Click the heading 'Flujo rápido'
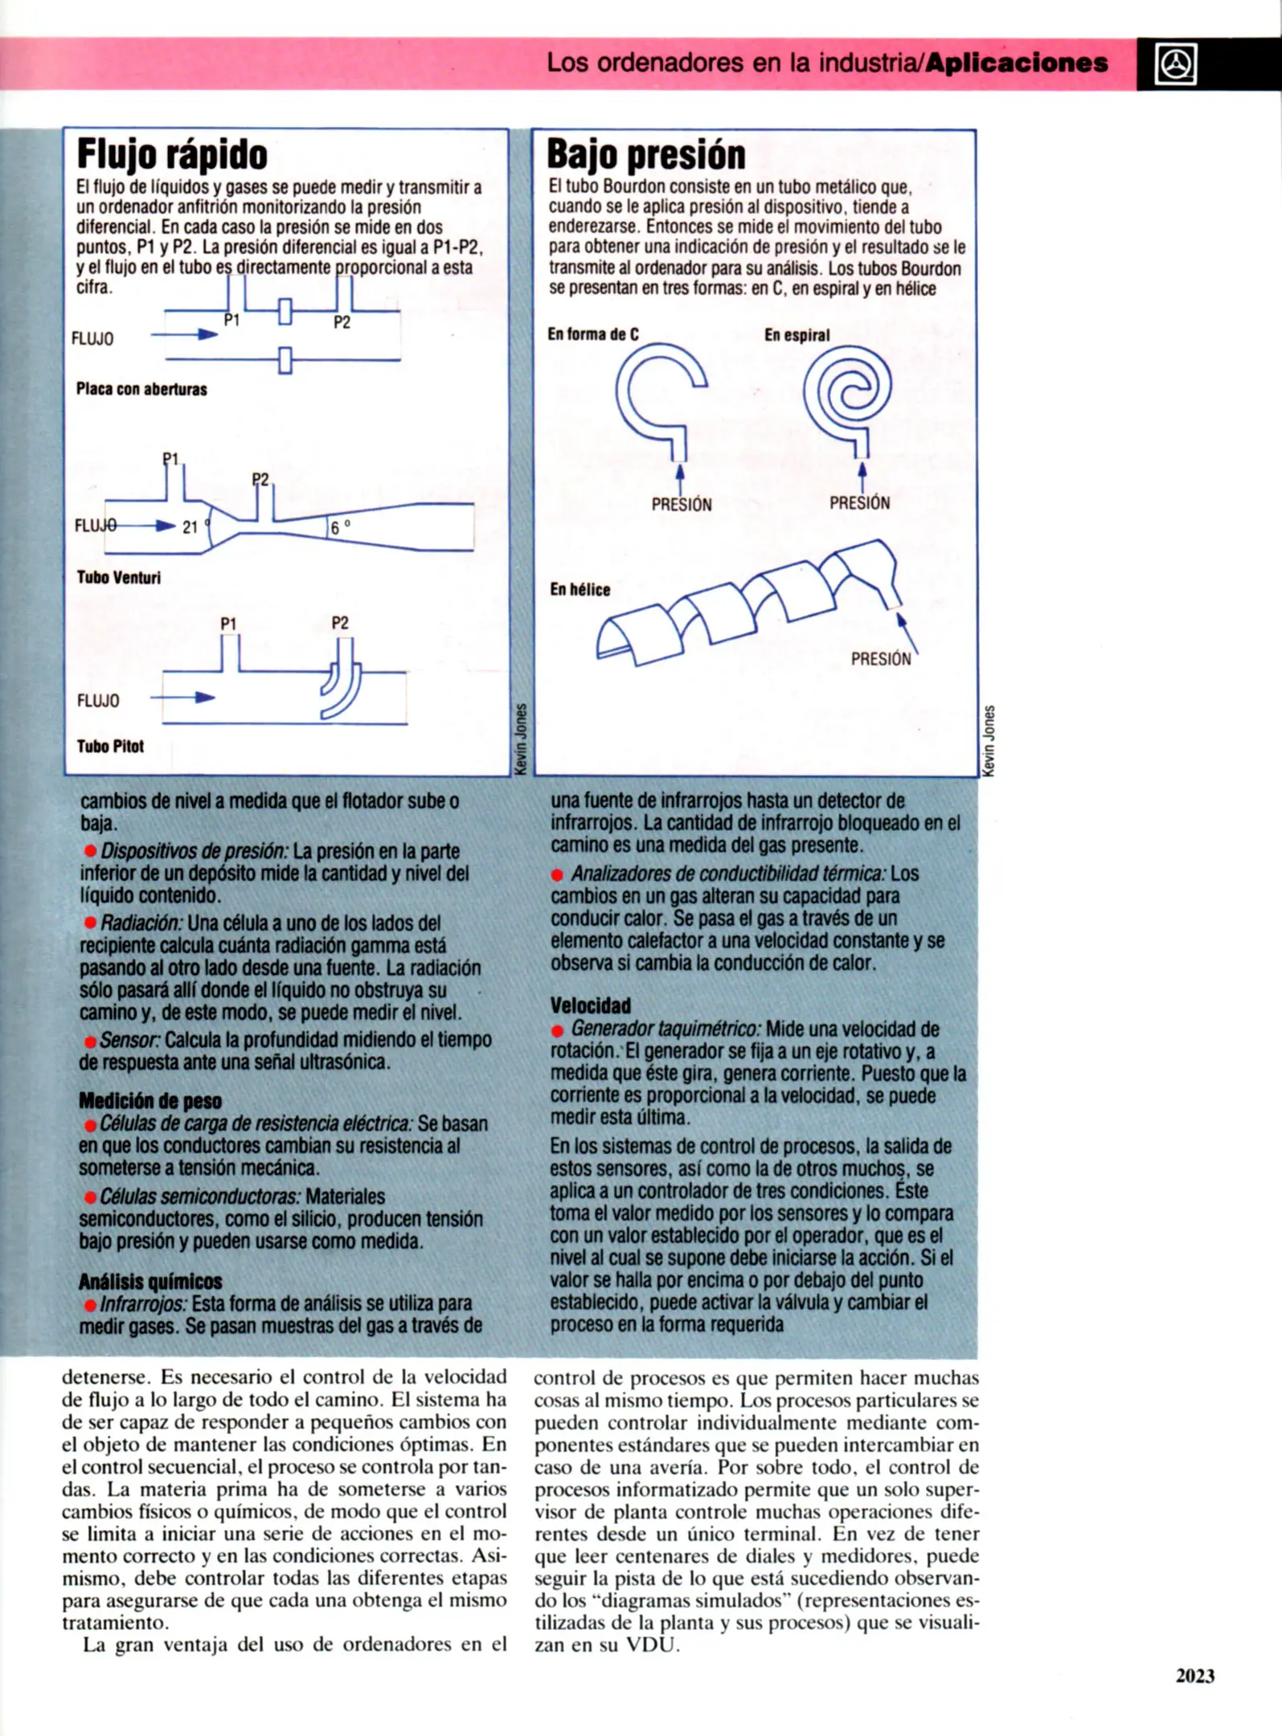171,154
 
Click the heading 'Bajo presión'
645,154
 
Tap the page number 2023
1194,1676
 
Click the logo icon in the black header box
1175,64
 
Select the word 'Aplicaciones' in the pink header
1016,63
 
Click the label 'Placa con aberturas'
141,389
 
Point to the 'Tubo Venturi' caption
118,577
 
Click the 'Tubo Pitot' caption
110,746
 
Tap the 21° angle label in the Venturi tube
191,527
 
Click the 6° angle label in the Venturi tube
338,527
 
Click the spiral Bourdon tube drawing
847,392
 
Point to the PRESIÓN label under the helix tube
881,659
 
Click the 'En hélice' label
580,589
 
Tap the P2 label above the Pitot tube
340,623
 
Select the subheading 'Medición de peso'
149,1100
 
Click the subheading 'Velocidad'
590,1005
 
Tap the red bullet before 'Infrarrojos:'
90,1305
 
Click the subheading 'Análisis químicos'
149,1281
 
